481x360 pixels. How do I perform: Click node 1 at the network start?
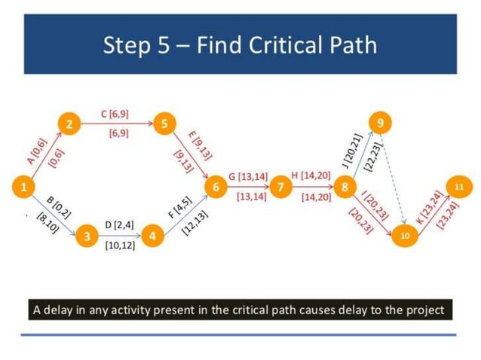[25, 186]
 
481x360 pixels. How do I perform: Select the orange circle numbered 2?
[69, 125]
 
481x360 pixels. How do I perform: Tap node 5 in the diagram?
[162, 125]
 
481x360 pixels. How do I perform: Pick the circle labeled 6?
[216, 186]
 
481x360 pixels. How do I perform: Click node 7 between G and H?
[280, 186]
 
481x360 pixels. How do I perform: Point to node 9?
[381, 122]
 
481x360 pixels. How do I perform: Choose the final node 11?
[458, 185]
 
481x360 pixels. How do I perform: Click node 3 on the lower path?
[88, 236]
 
